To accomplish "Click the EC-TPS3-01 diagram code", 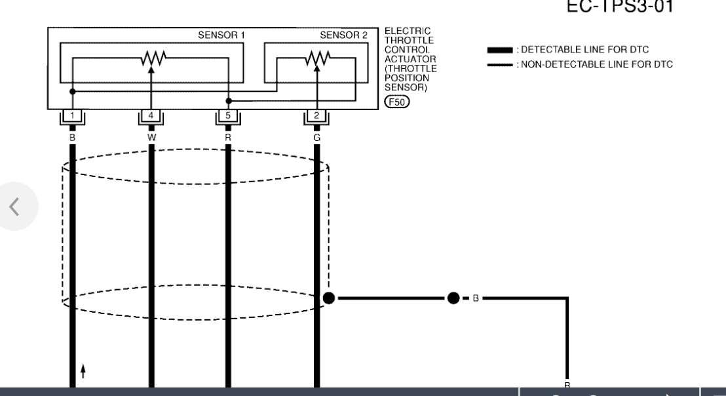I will pyautogui.click(x=620, y=6).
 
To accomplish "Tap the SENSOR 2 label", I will pyautogui.click(x=343, y=35).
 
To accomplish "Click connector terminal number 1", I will pyautogui.click(x=72, y=116).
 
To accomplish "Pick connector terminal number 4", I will pyautogui.click(x=151, y=116).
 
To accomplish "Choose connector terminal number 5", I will pyautogui.click(x=228, y=116).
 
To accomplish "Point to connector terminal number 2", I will pyautogui.click(x=316, y=116).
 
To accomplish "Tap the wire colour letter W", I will pyautogui.click(x=151, y=137).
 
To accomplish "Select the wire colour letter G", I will pyautogui.click(x=316, y=137).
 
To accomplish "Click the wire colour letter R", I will pyautogui.click(x=228, y=137).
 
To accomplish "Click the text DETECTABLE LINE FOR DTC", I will pyautogui.click(x=584, y=50).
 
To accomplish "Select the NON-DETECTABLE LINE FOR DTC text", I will pyautogui.click(x=596, y=64).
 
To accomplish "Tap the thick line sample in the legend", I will pyautogui.click(x=500, y=50).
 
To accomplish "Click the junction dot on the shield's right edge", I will pyautogui.click(x=329, y=298).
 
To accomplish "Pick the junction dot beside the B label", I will pyautogui.click(x=453, y=298).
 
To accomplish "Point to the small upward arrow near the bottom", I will pyautogui.click(x=83, y=371).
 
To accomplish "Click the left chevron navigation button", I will pyautogui.click(x=15, y=206).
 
